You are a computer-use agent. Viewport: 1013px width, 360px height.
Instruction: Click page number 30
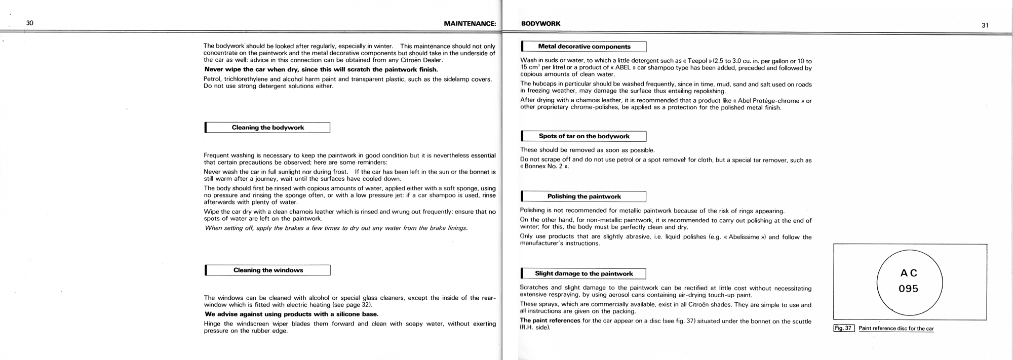[30, 23]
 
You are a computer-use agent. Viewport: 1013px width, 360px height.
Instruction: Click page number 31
[985, 25]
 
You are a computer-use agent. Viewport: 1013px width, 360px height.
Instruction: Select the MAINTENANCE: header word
[470, 23]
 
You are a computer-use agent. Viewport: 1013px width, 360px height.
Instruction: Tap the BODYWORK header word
[540, 23]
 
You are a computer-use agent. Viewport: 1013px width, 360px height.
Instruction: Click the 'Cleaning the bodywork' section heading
[268, 128]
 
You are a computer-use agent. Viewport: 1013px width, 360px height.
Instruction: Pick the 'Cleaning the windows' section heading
[268, 270]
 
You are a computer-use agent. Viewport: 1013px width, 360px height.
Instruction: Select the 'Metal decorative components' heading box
[584, 47]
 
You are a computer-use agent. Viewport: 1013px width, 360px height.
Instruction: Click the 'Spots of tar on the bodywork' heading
[584, 136]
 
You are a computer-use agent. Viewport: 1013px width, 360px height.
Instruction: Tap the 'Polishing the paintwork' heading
[584, 196]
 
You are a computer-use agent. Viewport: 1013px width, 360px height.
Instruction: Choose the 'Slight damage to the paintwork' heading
[584, 274]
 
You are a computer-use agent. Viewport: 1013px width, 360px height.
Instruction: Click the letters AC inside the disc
[909, 273]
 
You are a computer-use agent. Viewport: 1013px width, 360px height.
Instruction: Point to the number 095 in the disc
[909, 289]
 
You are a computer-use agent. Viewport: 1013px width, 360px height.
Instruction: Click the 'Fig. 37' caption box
[844, 328]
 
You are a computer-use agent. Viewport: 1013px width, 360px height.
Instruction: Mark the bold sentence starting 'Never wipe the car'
[321, 69]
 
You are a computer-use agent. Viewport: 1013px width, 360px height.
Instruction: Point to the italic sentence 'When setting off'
[336, 228]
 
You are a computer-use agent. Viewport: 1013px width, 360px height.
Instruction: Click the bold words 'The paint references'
[550, 321]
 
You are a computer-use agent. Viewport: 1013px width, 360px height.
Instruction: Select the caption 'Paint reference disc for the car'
[896, 329]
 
